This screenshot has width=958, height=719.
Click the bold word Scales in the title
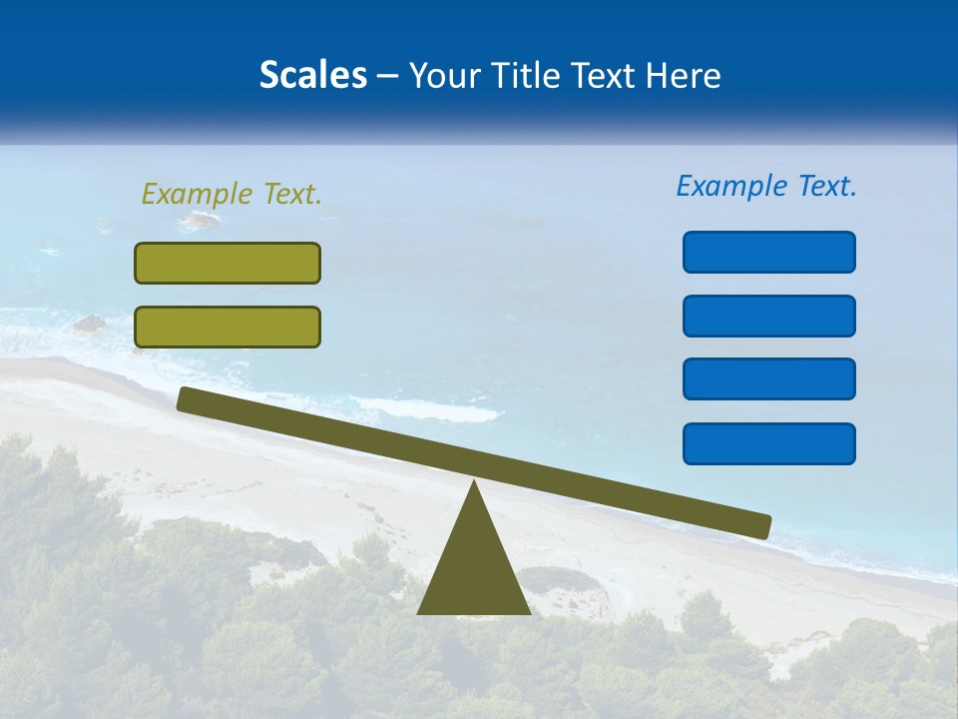pyautogui.click(x=312, y=75)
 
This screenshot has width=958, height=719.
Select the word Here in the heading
pyautogui.click(x=684, y=75)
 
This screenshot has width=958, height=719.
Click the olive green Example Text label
pyautogui.click(x=232, y=194)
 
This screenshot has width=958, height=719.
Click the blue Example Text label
pyautogui.click(x=766, y=186)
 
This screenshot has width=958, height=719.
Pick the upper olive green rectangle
pyautogui.click(x=228, y=263)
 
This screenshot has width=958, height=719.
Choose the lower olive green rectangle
pyautogui.click(x=228, y=327)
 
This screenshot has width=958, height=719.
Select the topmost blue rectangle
pyautogui.click(x=768, y=252)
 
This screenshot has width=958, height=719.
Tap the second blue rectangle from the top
pyautogui.click(x=768, y=316)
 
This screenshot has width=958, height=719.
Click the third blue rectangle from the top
pyautogui.click(x=768, y=379)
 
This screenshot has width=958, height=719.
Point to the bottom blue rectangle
pyautogui.click(x=768, y=443)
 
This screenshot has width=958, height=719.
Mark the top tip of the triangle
pyautogui.click(x=474, y=485)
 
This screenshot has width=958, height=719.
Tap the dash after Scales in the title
pyautogui.click(x=387, y=76)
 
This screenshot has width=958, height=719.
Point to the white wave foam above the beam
pyautogui.click(x=429, y=408)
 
